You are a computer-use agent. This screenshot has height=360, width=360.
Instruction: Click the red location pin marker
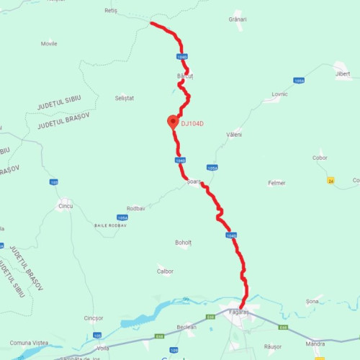(173, 122)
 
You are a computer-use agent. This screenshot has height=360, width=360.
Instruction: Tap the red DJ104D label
(192, 124)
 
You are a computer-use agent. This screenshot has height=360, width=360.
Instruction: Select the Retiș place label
(110, 12)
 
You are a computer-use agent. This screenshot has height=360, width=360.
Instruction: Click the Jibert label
(343, 74)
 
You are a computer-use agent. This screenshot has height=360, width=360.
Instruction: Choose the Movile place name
(49, 43)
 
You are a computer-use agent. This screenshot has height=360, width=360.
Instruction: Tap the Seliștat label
(125, 97)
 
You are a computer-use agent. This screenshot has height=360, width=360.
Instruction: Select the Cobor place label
(320, 158)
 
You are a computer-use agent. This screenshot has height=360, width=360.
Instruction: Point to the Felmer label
(276, 183)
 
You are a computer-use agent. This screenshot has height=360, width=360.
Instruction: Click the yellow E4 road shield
(330, 179)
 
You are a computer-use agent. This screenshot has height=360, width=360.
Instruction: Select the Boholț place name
(184, 243)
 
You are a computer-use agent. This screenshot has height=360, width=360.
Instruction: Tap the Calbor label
(166, 271)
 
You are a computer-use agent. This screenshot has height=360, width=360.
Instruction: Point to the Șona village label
(312, 301)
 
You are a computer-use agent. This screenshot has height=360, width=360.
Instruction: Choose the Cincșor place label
(94, 318)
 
